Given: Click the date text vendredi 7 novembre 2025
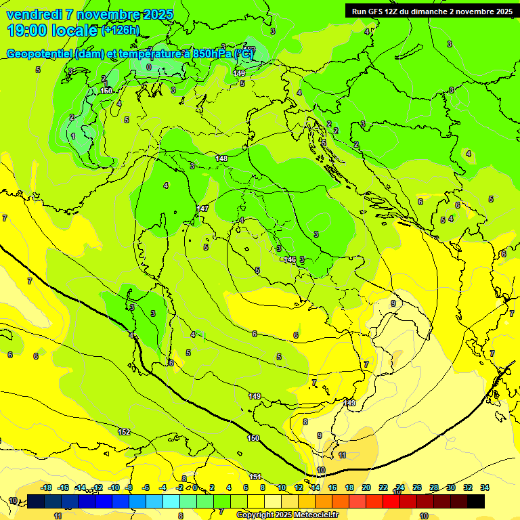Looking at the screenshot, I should [x=89, y=14].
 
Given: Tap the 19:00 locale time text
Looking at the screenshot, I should [x=52, y=30].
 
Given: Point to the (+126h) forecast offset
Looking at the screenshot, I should [x=121, y=30].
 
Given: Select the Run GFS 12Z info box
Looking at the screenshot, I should [x=431, y=11].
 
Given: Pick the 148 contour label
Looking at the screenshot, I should [x=221, y=158].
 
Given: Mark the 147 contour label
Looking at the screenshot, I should [x=203, y=209].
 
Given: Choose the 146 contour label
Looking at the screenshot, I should [x=290, y=259].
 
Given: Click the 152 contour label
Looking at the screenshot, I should [x=124, y=432].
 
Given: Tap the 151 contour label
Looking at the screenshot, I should [x=255, y=477].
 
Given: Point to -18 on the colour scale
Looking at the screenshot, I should [x=46, y=487].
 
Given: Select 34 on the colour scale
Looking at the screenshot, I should [x=485, y=487].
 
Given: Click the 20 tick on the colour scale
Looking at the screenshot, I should [x=366, y=487].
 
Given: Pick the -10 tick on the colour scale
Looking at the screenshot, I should [x=114, y=487].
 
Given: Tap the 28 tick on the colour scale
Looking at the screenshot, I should [x=434, y=487].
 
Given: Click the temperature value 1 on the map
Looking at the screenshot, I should [x=73, y=136].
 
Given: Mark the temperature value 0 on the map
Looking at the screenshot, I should [x=149, y=67].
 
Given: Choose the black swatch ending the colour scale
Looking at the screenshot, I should [x=476, y=502].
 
